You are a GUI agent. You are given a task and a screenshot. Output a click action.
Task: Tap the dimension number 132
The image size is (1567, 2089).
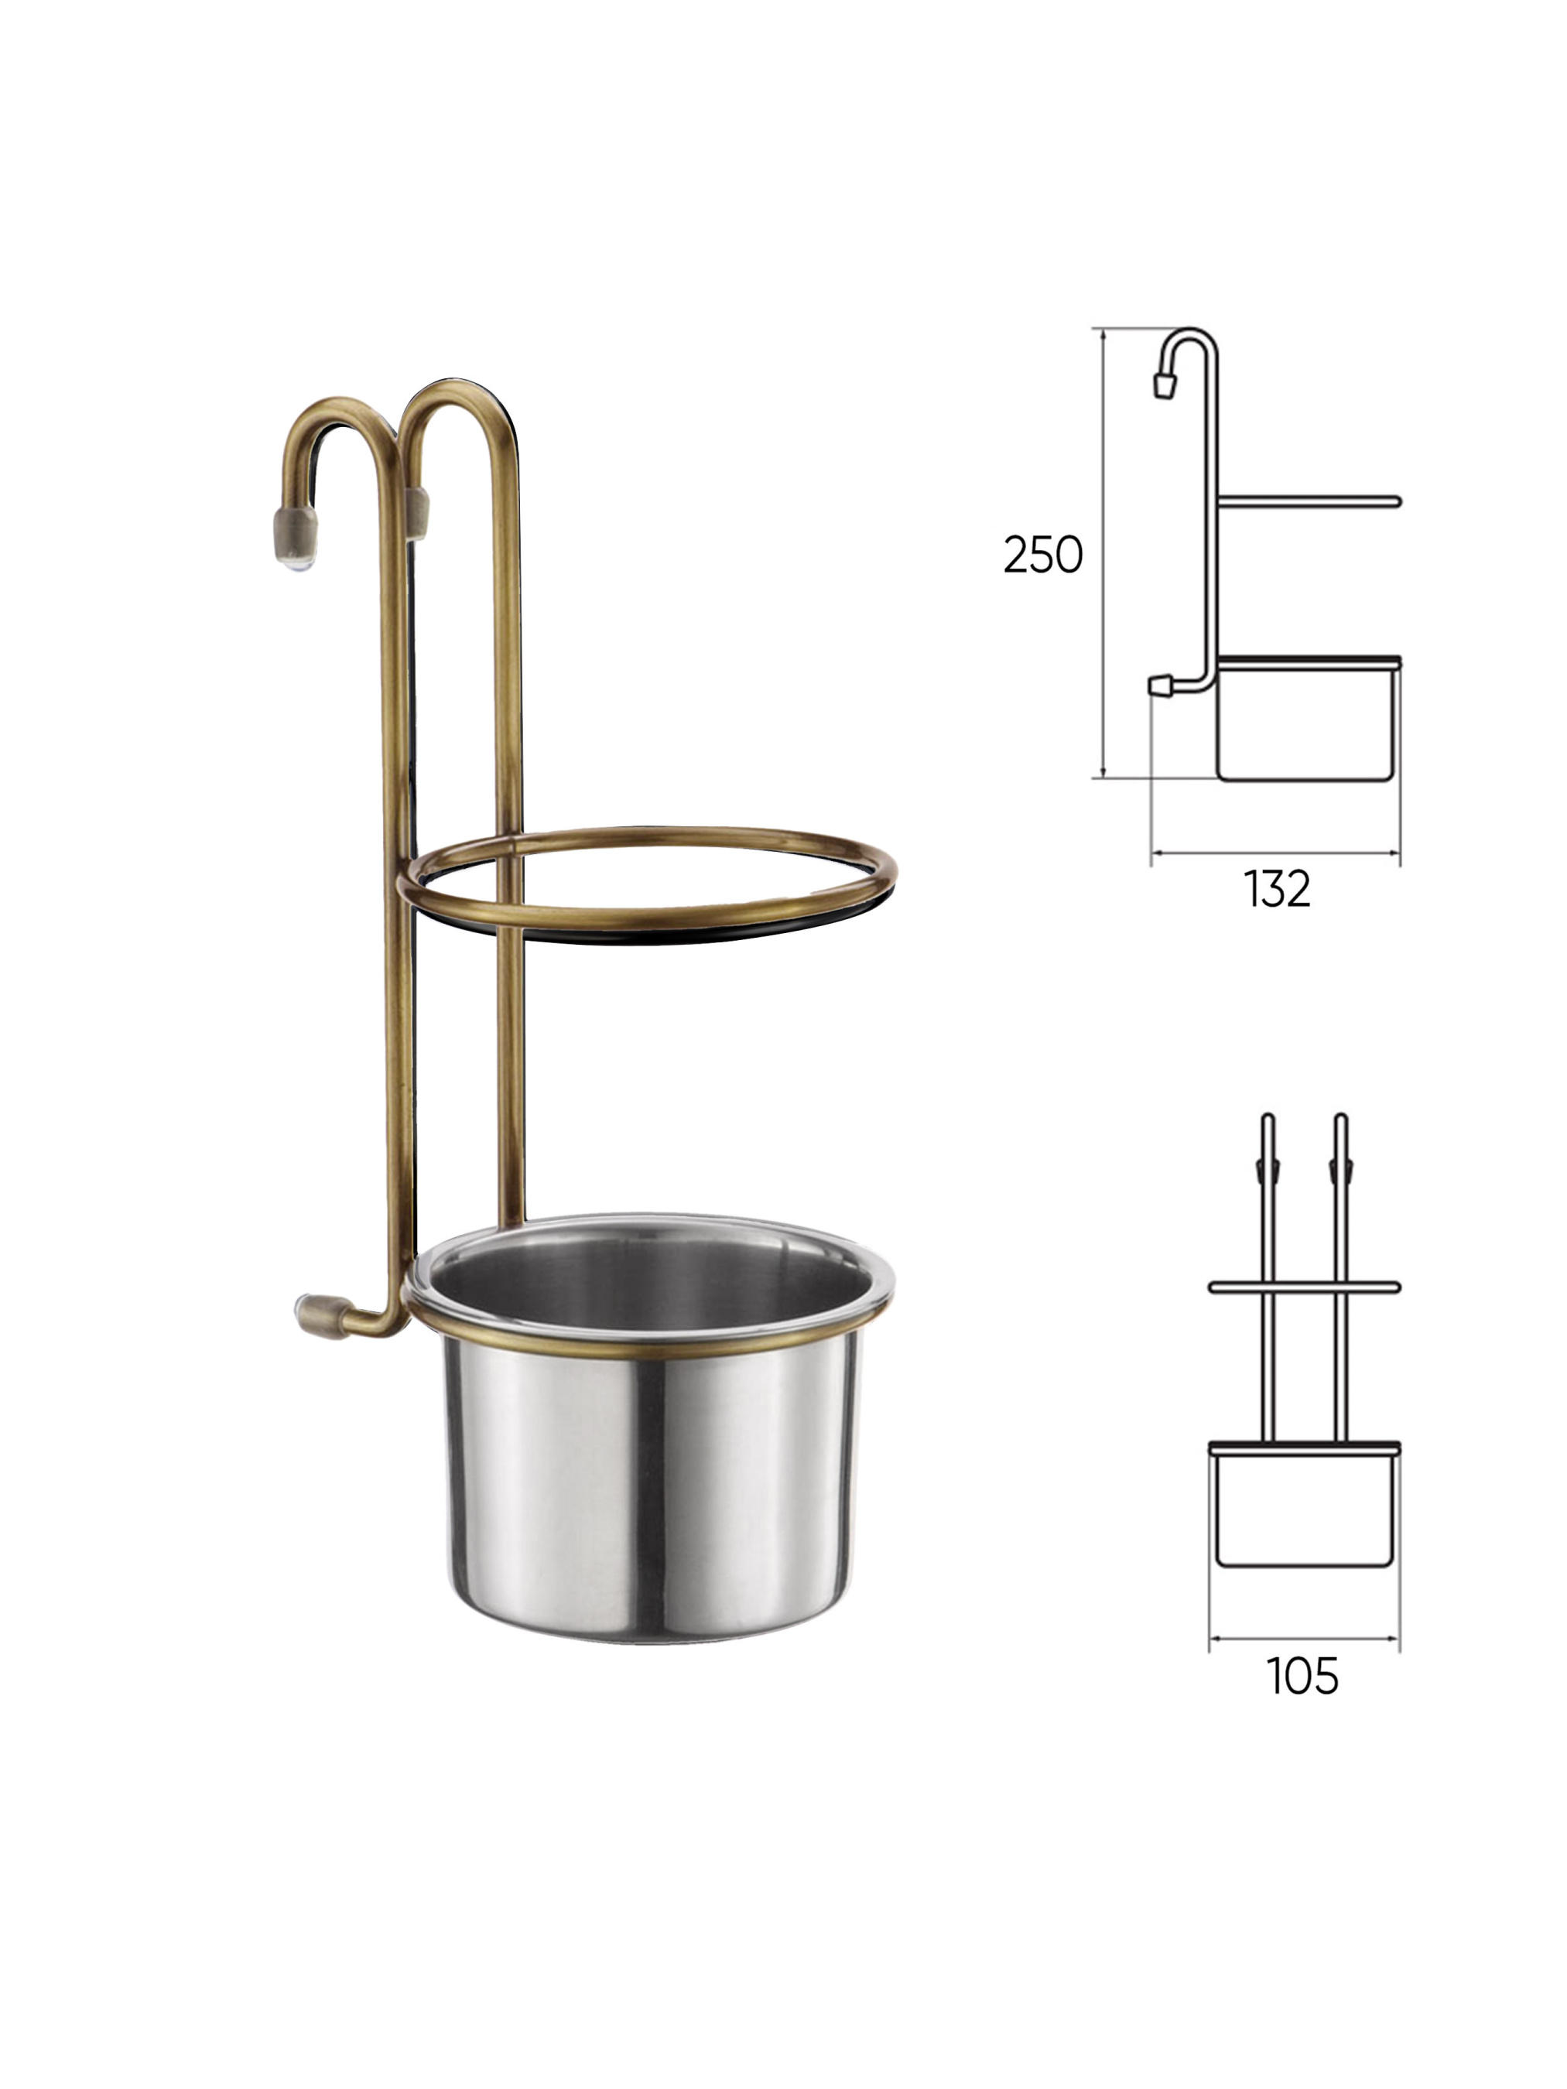pos(1276,890)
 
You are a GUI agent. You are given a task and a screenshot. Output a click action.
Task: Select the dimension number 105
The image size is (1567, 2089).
pos(1302,1677)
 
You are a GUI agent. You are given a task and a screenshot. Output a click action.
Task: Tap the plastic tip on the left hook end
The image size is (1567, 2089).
pos(296,536)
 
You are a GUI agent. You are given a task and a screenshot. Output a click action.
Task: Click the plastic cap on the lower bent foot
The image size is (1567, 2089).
pos(317,1308)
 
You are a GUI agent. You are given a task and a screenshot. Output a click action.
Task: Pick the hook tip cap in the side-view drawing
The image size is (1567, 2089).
pos(1165,384)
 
